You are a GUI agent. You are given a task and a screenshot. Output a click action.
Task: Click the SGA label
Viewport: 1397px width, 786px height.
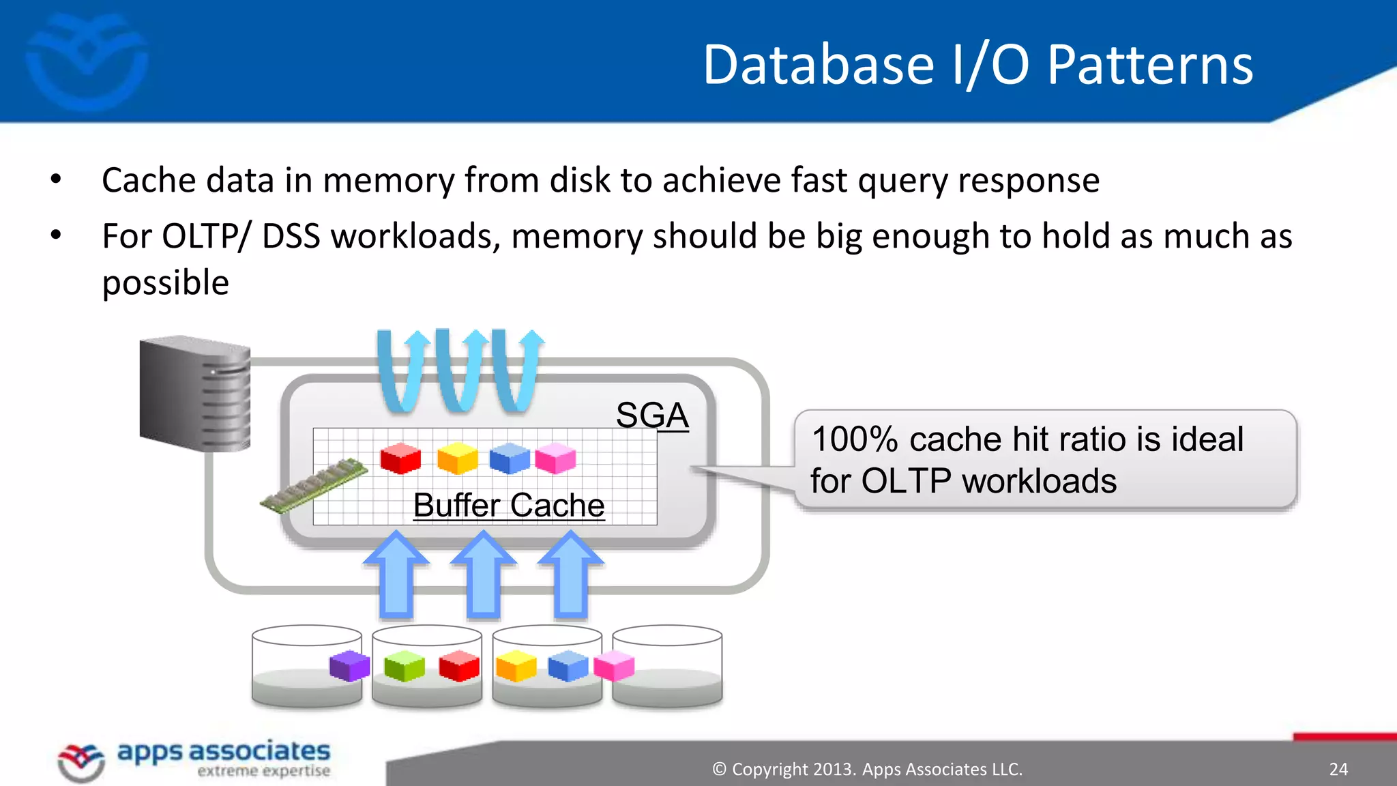click(651, 415)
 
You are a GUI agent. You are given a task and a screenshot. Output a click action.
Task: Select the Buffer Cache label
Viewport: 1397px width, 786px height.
click(509, 506)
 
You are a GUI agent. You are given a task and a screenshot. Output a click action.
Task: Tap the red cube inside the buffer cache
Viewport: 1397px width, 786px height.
click(400, 458)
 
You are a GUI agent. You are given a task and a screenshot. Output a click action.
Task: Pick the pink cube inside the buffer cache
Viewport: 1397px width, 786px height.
click(555, 458)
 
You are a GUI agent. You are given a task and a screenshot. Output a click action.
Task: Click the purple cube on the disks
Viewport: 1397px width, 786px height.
click(349, 665)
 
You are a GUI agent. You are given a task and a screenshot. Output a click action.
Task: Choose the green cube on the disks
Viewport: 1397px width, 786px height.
click(404, 666)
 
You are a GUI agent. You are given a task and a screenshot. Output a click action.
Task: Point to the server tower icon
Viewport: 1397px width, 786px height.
click(194, 394)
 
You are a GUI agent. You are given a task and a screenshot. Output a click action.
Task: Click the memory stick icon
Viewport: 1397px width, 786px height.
click(314, 486)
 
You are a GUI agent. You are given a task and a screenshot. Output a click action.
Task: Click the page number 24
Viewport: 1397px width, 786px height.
click(1338, 770)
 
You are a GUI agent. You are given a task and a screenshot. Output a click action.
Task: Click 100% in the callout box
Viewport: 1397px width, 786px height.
click(854, 439)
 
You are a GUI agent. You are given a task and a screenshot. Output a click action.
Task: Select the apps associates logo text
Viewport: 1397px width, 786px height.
click(223, 752)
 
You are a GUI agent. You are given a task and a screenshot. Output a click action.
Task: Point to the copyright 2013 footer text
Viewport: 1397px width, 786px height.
click(867, 770)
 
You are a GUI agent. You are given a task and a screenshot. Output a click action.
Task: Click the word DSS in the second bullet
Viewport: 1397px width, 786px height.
click(291, 237)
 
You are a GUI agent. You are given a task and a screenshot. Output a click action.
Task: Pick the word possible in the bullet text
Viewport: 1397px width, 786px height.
click(165, 283)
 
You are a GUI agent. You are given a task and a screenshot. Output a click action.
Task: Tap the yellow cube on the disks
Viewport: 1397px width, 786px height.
click(516, 666)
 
